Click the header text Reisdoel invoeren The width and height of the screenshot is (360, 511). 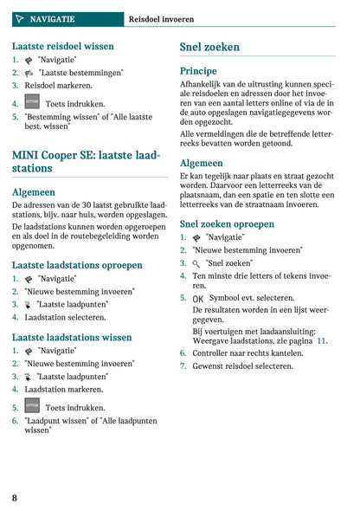point(161,18)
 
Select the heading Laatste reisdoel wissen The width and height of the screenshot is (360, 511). point(62,45)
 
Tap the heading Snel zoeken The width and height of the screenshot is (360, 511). point(209,47)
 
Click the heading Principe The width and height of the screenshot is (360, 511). point(198,71)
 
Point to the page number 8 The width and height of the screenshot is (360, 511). point(15,498)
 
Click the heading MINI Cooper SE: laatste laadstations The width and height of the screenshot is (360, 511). point(86,161)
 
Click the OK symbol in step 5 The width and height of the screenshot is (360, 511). point(198,298)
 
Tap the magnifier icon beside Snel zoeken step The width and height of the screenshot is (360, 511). point(196,262)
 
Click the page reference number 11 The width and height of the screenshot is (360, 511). point(322,341)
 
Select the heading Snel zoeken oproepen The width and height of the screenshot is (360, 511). point(227,223)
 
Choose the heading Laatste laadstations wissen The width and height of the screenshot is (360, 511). point(72,337)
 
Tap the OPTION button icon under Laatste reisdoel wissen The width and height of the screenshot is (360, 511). point(32,102)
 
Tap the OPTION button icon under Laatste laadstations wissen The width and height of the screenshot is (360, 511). point(32,405)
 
